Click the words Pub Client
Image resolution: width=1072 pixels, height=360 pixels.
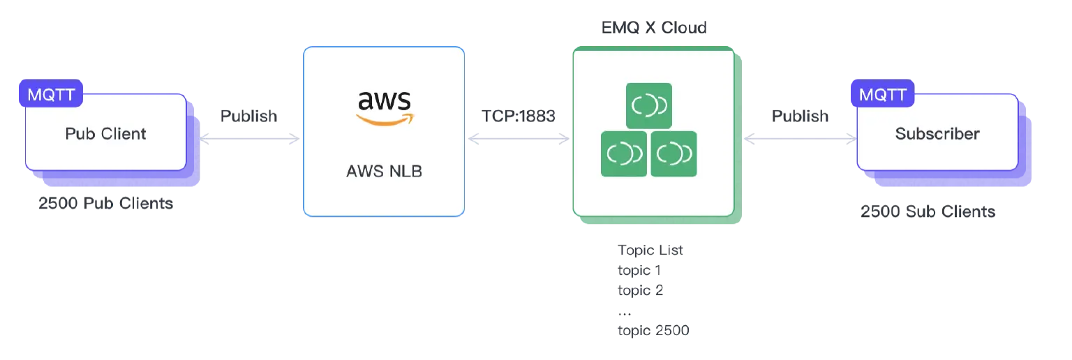tap(105, 134)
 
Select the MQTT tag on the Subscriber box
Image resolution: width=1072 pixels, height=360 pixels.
tap(883, 94)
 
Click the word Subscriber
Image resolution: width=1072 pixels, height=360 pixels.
tap(937, 134)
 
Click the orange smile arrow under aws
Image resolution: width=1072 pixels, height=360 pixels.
tap(384, 119)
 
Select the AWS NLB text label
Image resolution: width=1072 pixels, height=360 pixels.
tap(384, 171)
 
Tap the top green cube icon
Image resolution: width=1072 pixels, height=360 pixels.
tap(648, 105)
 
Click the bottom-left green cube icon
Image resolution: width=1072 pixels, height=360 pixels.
tap(624, 153)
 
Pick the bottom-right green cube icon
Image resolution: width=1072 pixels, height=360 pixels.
tap(673, 153)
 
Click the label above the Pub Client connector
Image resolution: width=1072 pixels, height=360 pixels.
tap(248, 115)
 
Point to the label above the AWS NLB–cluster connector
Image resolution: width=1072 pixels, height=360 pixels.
tap(520, 115)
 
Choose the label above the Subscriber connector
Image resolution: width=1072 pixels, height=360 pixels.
tap(801, 115)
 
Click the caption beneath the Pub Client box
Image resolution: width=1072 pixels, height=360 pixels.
tap(105, 205)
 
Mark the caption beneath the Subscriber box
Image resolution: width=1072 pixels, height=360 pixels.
tap(928, 210)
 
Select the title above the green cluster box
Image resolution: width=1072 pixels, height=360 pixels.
tap(653, 27)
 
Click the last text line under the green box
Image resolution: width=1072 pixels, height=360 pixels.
tap(653, 333)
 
